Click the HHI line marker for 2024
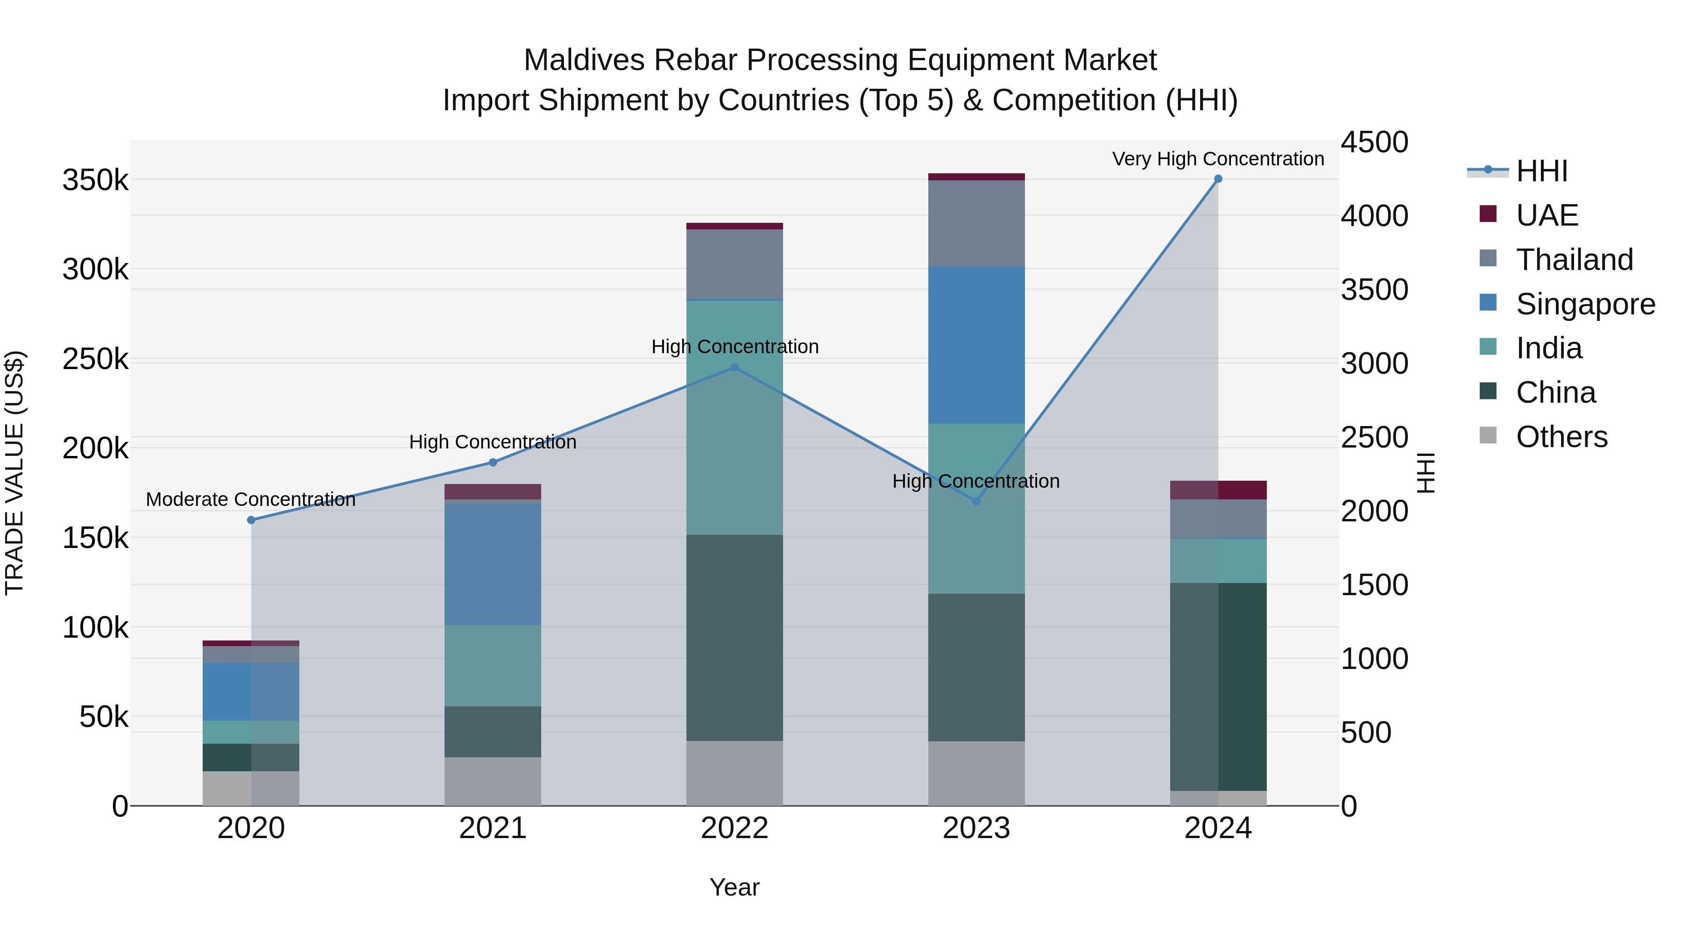1218,179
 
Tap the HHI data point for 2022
734,368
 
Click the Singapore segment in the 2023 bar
976,345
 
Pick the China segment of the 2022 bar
734,638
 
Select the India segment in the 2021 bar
493,665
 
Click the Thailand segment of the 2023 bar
976,223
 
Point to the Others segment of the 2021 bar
493,782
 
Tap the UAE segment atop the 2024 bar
1218,490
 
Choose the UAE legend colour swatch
1488,214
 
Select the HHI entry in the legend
1541,171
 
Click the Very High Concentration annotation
1218,159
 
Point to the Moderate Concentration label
251,499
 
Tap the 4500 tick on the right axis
1374,142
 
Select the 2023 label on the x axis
976,828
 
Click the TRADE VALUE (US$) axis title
14,473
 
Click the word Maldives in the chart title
583,60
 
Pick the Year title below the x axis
734,887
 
